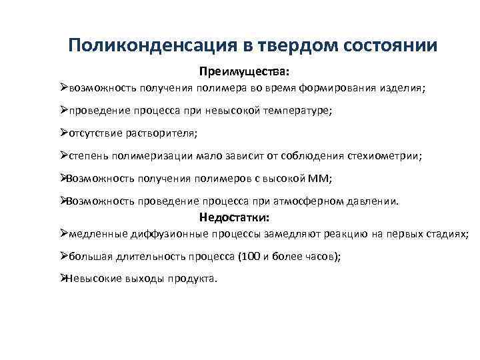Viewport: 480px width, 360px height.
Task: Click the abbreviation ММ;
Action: [x=316, y=178]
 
